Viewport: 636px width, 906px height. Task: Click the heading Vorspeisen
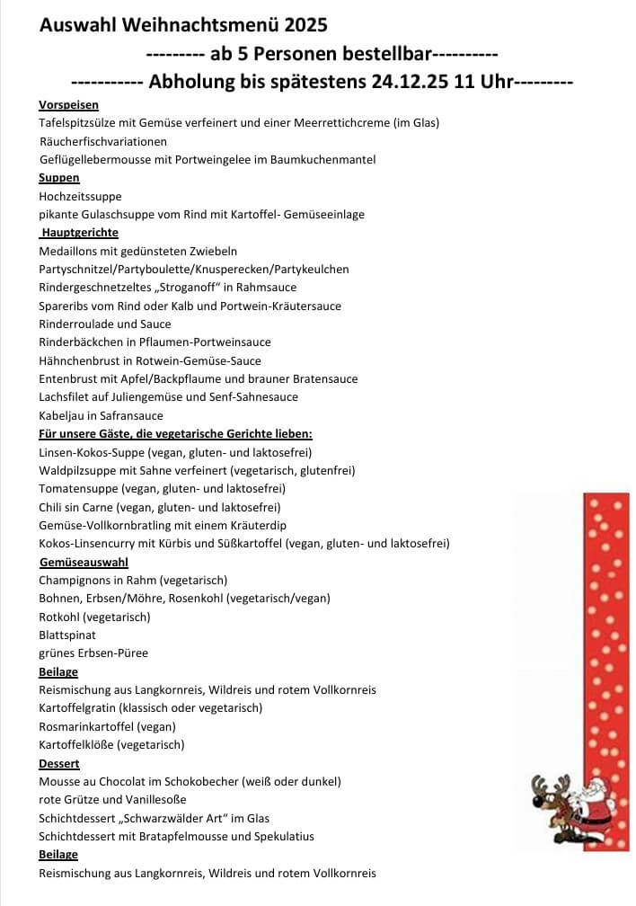[x=69, y=105]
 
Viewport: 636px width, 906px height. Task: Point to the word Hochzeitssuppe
[x=80, y=196]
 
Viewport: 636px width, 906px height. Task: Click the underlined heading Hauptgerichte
[x=80, y=233]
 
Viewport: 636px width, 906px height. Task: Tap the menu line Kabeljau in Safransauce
[x=101, y=415]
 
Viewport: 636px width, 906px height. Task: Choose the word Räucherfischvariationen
[x=103, y=142]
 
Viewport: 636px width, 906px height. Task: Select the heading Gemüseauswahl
[x=84, y=563]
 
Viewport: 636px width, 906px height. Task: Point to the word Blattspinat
[x=66, y=635]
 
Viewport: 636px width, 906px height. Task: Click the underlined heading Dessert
[x=59, y=764]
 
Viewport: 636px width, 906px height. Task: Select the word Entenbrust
[x=66, y=378]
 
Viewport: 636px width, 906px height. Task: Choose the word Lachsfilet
[x=66, y=396]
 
